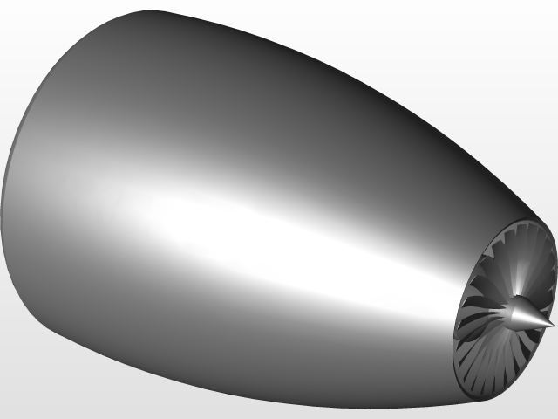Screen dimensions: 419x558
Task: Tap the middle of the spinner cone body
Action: pyautogui.click(x=526, y=314)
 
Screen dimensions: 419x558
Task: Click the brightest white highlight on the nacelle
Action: pyautogui.click(x=218, y=218)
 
